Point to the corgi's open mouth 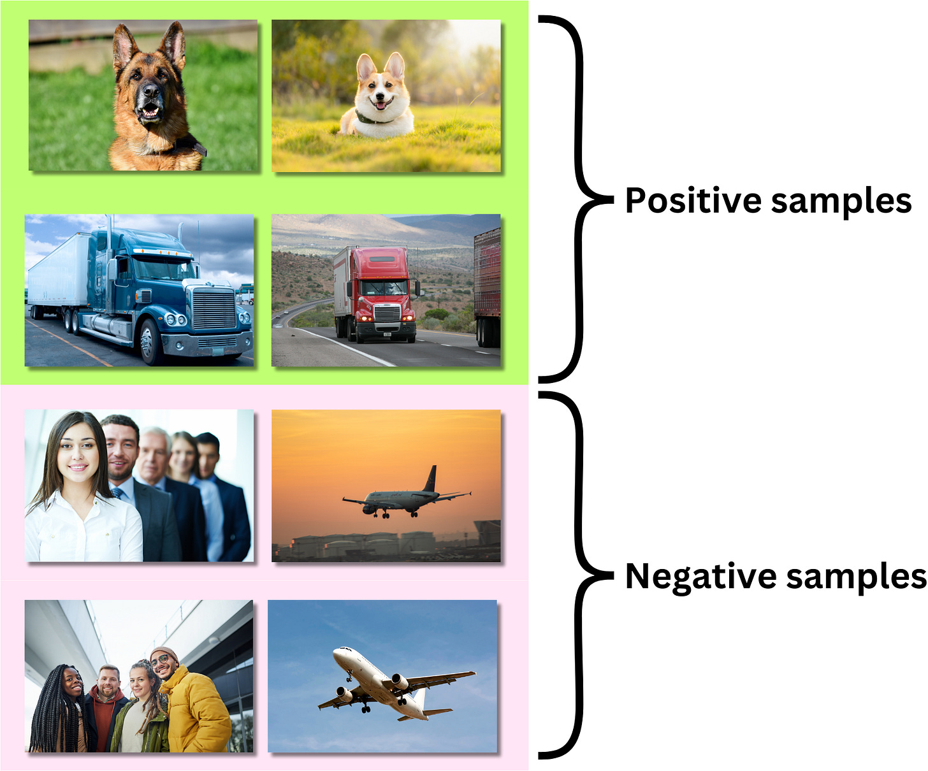pyautogui.click(x=382, y=103)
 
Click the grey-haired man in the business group pyautogui.click(x=154, y=459)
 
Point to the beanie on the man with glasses pyautogui.click(x=164, y=654)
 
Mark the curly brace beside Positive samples pyautogui.click(x=577, y=199)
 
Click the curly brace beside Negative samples pyautogui.click(x=577, y=575)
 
